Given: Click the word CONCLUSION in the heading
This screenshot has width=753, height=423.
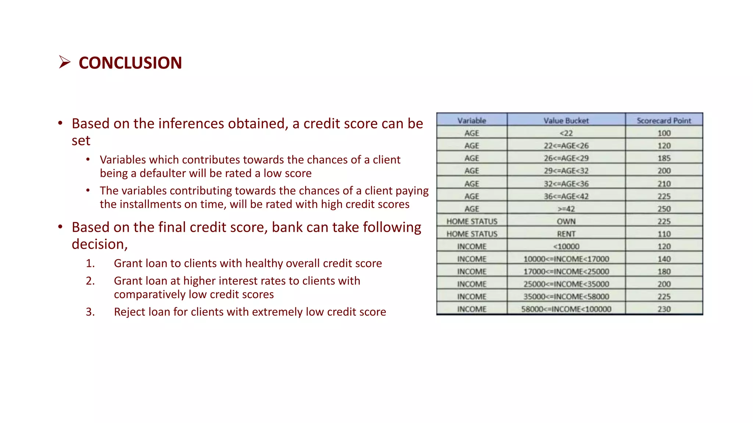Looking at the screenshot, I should click(130, 63).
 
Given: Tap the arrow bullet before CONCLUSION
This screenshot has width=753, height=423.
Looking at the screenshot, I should click(64, 62).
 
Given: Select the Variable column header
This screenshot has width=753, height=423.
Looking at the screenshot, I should click(472, 120).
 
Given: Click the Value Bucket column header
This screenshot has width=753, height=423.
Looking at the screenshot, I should click(566, 120).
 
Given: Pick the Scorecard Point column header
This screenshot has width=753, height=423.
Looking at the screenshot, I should click(664, 120).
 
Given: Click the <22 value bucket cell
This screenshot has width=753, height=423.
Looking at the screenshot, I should click(566, 133).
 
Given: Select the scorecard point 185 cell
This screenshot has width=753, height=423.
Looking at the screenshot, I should click(664, 158).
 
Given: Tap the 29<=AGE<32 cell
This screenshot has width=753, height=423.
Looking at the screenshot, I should click(566, 171).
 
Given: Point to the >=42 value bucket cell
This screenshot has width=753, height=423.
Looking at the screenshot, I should click(566, 209).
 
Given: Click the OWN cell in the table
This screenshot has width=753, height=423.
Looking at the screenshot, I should click(566, 221).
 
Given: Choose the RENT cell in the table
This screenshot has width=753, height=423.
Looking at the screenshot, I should click(566, 234).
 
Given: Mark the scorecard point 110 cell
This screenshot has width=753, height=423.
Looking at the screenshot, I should click(664, 234).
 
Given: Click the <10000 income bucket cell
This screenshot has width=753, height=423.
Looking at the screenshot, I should click(566, 246).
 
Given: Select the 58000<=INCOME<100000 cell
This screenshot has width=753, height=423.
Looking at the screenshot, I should click(566, 309).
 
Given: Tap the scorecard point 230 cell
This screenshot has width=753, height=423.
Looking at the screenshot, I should click(664, 309).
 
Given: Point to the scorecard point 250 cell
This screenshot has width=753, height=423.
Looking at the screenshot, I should click(664, 209).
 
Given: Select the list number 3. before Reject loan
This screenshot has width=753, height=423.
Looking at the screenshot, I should click(90, 312).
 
